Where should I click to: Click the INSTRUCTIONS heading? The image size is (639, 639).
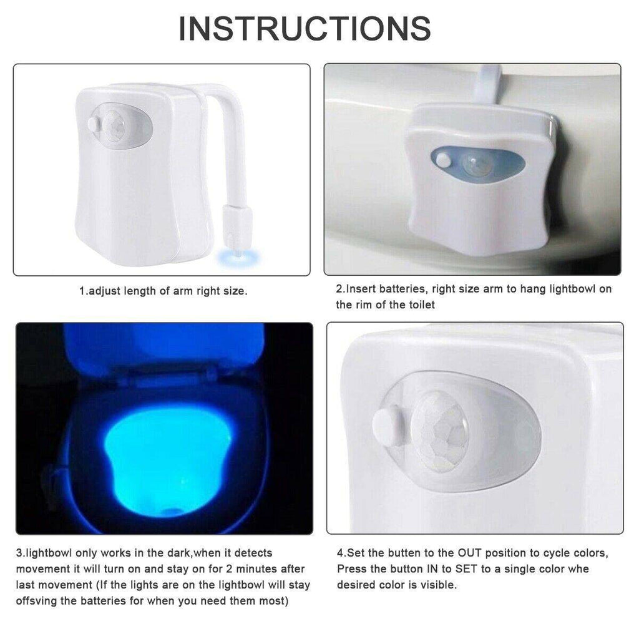305,28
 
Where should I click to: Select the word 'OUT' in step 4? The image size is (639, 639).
469,554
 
